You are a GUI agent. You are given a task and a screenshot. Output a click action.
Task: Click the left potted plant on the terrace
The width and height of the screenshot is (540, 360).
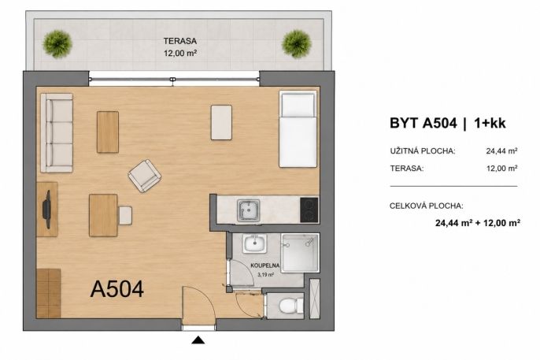(57, 44)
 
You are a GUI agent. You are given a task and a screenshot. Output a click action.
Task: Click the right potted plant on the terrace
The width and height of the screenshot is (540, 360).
(297, 44)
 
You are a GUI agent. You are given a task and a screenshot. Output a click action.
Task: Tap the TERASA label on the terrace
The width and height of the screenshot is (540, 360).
(180, 41)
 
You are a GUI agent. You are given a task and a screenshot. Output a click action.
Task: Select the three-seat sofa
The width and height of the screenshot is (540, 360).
(57, 132)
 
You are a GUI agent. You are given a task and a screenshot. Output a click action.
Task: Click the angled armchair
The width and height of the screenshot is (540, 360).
(145, 176)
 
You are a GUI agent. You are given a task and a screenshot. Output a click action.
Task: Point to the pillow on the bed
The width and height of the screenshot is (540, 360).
(298, 105)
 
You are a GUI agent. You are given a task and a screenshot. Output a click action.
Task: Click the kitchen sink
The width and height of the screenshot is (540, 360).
(248, 210)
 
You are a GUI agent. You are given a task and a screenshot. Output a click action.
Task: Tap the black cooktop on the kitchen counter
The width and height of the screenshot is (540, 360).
(309, 210)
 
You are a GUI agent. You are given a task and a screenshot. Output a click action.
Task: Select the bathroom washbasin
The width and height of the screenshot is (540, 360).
(254, 243)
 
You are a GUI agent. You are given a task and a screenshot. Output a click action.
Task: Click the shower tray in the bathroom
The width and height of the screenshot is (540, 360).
(300, 253)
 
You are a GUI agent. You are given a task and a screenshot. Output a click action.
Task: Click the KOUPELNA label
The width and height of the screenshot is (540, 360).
(264, 265)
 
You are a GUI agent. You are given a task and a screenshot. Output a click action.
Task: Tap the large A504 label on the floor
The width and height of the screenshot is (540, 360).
(117, 288)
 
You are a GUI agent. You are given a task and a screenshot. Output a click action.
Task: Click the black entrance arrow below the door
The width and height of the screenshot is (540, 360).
(198, 340)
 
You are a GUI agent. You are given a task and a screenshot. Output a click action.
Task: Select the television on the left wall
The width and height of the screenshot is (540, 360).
(46, 210)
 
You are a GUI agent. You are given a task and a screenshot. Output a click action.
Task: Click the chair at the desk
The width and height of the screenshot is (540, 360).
(125, 215)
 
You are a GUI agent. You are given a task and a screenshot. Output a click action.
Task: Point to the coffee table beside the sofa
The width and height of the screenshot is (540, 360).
(108, 132)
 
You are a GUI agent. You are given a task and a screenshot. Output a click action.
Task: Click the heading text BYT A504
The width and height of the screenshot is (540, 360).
(423, 123)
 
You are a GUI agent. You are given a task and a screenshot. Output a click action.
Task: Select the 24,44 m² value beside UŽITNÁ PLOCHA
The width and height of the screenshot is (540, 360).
(501, 150)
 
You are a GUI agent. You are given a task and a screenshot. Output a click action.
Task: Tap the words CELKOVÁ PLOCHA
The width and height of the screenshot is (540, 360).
(427, 206)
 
